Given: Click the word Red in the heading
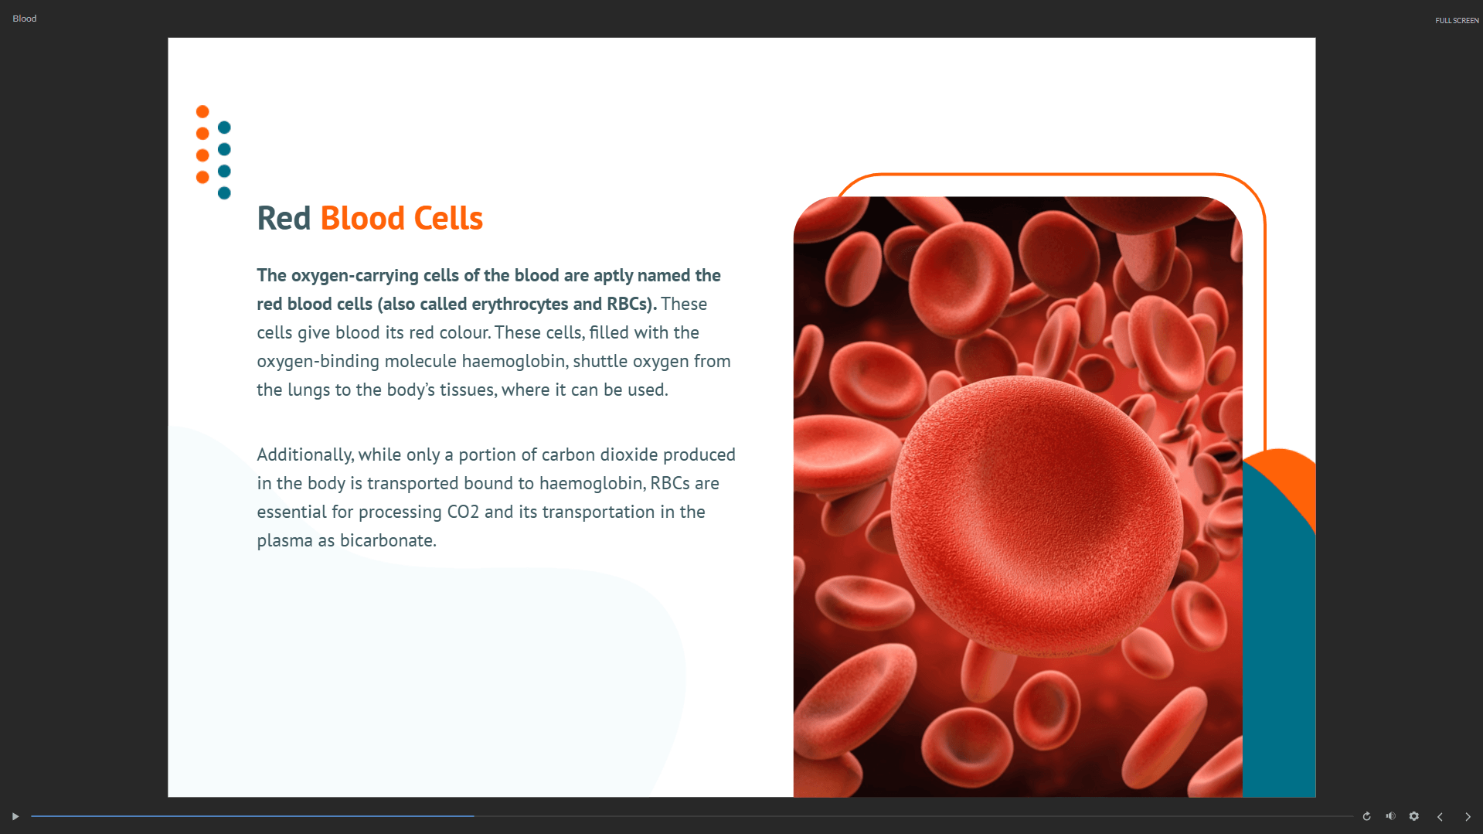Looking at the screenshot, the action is click(x=284, y=219).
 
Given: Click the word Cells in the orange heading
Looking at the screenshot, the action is click(x=448, y=219).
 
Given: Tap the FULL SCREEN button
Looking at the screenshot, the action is click(x=1457, y=21).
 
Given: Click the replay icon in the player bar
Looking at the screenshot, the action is click(x=1366, y=816).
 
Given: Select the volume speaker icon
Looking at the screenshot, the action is click(x=1390, y=816).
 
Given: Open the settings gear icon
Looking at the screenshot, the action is click(x=1414, y=816).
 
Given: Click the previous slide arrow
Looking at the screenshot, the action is click(x=1440, y=817).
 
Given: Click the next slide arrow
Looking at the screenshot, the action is click(x=1468, y=817).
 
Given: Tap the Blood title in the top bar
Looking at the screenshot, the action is click(x=25, y=19).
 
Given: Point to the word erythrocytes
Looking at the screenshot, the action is click(x=520, y=305).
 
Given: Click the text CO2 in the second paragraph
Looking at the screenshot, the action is click(x=463, y=512).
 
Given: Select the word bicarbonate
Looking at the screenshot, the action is click(x=389, y=540).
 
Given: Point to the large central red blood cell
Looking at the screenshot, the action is click(x=1036, y=516).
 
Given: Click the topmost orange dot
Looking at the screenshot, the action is click(x=202, y=112).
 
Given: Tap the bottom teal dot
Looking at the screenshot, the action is click(x=224, y=193).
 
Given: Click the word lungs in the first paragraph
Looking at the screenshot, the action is click(x=309, y=390).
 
